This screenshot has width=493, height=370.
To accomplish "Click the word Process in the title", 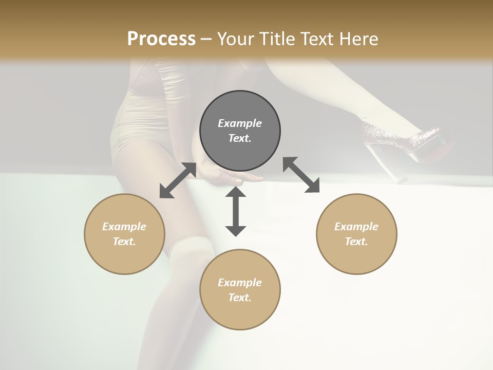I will pyautogui.click(x=161, y=39).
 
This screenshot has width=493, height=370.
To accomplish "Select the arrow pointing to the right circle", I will pyautogui.click(x=301, y=175).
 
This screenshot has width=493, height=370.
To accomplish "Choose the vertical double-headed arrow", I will pyautogui.click(x=236, y=211).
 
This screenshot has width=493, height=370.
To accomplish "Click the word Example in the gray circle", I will pyautogui.click(x=240, y=123).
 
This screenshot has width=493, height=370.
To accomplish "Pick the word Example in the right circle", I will pyautogui.click(x=356, y=227).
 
